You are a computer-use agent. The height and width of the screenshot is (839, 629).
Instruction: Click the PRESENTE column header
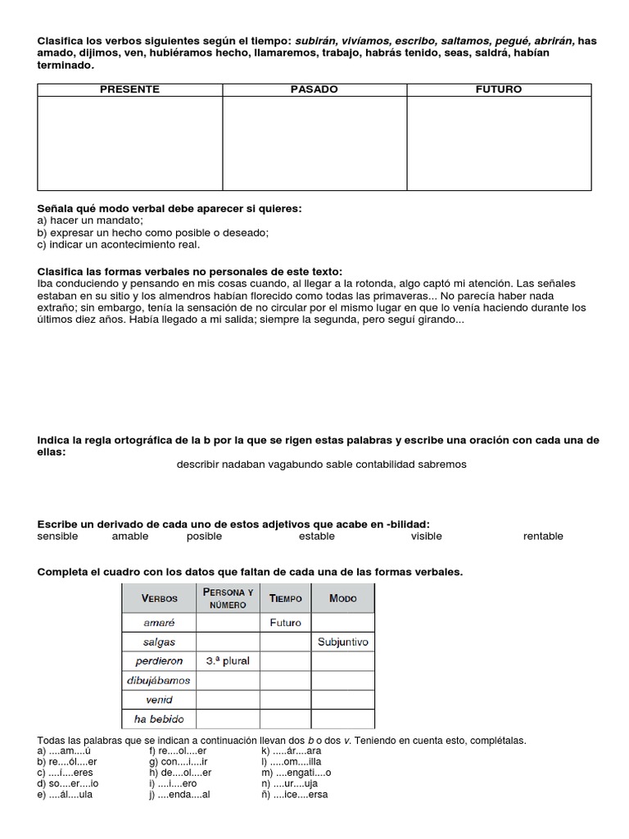130,89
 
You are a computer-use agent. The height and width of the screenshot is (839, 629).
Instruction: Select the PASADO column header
314,89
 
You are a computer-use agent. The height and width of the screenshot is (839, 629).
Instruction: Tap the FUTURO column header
499,89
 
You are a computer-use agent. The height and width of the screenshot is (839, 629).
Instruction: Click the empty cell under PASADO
314,143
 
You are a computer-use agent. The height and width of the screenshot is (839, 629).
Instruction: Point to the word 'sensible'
58,537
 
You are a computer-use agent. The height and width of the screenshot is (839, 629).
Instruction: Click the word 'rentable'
543,537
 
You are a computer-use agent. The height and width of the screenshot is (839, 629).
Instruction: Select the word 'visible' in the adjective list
426,537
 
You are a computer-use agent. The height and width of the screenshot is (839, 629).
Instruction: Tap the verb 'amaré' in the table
159,623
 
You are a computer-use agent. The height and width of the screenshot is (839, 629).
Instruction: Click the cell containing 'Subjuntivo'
343,642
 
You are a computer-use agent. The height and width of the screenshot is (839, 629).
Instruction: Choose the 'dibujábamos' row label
159,681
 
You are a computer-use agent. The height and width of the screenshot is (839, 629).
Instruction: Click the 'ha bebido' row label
159,719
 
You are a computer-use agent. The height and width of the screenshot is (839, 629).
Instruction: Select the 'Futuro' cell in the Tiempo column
286,623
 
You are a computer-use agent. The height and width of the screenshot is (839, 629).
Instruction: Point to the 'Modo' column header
343,599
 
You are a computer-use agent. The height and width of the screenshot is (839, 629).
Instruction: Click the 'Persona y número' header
229,598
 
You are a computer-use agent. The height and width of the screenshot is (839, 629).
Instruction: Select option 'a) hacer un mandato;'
91,221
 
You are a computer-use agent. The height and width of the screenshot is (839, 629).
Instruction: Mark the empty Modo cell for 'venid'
343,700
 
